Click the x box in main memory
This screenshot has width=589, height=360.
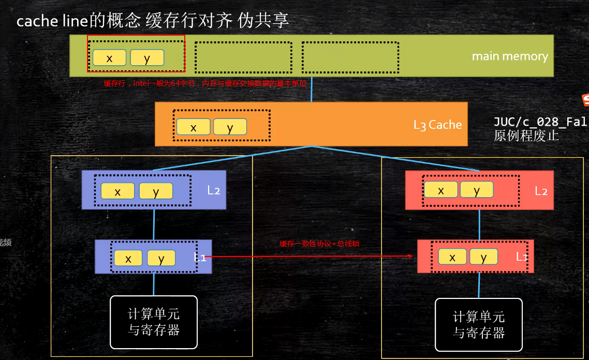click(109, 58)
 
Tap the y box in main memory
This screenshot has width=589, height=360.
click(147, 58)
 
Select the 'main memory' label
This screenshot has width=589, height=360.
click(509, 56)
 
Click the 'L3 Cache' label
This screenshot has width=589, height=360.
click(437, 125)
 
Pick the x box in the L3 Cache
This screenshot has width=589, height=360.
click(193, 127)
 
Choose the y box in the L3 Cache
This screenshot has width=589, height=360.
click(230, 127)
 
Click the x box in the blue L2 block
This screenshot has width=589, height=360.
click(117, 191)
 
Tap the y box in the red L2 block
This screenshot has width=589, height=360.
click(477, 190)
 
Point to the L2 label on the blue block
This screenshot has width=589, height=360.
click(214, 190)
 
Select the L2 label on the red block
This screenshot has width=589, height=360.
click(541, 191)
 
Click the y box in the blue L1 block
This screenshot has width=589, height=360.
click(161, 258)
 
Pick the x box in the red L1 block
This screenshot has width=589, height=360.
click(452, 257)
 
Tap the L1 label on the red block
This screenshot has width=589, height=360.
click(522, 257)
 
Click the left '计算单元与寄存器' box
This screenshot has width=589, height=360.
click(154, 322)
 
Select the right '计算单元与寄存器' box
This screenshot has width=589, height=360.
click(479, 325)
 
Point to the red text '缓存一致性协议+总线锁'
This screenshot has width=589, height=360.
click(319, 244)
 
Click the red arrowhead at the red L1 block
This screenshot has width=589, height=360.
click(410, 256)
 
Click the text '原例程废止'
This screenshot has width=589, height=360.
click(526, 137)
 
